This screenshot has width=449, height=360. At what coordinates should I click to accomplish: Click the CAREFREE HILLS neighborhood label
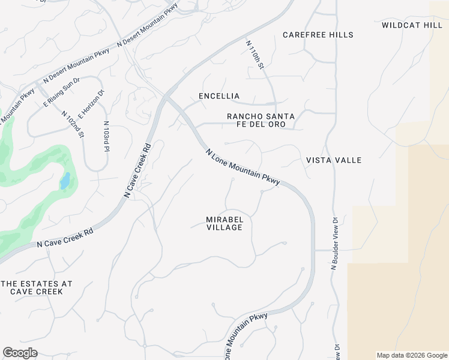click(318, 35)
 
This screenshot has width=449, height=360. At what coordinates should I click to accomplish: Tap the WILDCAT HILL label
click(411, 25)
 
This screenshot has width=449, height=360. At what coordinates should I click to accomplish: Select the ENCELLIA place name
click(219, 96)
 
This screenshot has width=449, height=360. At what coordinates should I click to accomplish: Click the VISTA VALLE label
click(334, 160)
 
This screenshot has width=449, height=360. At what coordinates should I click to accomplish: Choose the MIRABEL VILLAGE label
click(224, 223)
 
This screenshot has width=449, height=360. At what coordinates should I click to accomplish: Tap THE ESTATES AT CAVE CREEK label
click(37, 287)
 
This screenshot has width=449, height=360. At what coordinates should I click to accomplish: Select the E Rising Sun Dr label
click(61, 92)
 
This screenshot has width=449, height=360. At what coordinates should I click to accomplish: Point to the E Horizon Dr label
click(91, 101)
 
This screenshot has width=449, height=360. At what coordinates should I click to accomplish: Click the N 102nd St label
click(71, 123)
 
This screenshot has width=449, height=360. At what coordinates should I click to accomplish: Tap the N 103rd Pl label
click(106, 136)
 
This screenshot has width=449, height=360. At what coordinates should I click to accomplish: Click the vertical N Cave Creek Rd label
click(136, 170)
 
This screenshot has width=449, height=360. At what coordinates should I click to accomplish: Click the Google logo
click(20, 352)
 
